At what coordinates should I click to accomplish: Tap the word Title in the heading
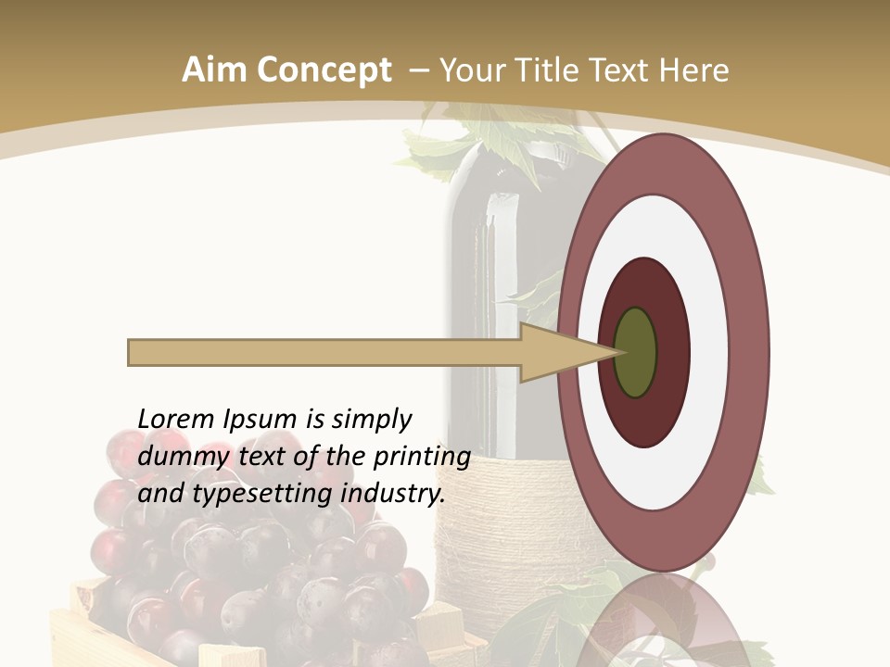click(553, 70)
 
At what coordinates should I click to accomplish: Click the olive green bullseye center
click(635, 353)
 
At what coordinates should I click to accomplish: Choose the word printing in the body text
click(421, 457)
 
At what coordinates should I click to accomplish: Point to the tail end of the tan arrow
click(132, 353)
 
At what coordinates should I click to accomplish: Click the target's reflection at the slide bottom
click(663, 625)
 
